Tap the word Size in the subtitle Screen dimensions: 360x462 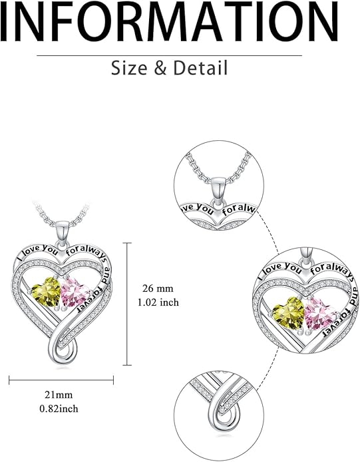tap(129, 68)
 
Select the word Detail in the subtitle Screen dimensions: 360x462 tap(200, 68)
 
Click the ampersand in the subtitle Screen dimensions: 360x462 tap(160, 68)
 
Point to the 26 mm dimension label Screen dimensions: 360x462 tap(158, 288)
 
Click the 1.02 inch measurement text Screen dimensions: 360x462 tap(158, 302)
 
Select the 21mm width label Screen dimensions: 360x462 tap(59, 394)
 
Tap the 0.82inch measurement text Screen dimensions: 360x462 tap(59, 409)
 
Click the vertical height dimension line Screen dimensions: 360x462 tap(127, 304)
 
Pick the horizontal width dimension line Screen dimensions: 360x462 tap(61, 380)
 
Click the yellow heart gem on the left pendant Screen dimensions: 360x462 tap(47, 292)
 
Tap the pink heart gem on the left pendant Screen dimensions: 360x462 tap(75, 292)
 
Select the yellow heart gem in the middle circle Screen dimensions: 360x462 tap(288, 313)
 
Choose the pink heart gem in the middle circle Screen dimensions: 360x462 tap(319, 314)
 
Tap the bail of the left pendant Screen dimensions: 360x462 tap(62, 233)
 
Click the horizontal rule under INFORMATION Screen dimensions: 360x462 tap(169, 55)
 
